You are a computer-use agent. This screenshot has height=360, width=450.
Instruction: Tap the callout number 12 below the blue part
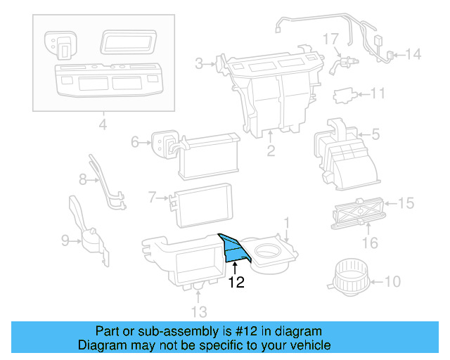click(x=236, y=283)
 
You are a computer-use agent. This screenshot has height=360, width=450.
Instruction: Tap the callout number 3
click(x=199, y=65)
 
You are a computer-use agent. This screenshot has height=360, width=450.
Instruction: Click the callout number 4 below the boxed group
click(x=103, y=127)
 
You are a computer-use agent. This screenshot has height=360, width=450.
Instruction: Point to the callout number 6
click(x=135, y=143)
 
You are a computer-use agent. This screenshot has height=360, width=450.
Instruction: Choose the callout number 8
click(x=82, y=180)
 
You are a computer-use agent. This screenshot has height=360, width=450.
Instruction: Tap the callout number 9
click(x=65, y=241)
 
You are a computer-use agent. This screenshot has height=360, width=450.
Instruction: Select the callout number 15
click(x=406, y=203)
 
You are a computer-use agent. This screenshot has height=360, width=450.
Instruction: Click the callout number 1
click(x=287, y=224)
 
